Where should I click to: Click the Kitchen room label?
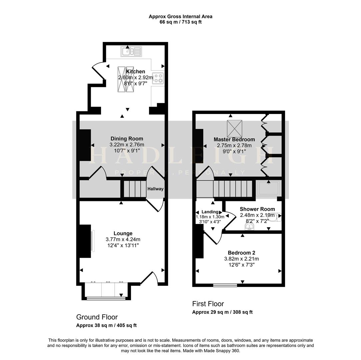point(136,71)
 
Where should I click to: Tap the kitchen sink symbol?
point(131,51)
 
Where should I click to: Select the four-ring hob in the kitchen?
point(158,78)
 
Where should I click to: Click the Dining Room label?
point(127,139)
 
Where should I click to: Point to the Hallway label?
point(156,189)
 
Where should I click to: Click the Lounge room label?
point(123,233)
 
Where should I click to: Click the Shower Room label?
point(257,209)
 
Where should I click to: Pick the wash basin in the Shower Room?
point(249,227)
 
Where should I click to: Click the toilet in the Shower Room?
point(277,217)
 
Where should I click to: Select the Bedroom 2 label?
point(241,253)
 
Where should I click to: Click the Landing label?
point(210,212)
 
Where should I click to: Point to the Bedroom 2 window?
point(225,285)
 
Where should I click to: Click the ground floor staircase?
point(133,189)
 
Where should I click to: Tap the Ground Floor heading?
point(97,317)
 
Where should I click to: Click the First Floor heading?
point(208,304)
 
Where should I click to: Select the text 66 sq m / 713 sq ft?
point(180,22)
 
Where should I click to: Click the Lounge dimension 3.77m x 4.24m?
point(123,239)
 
